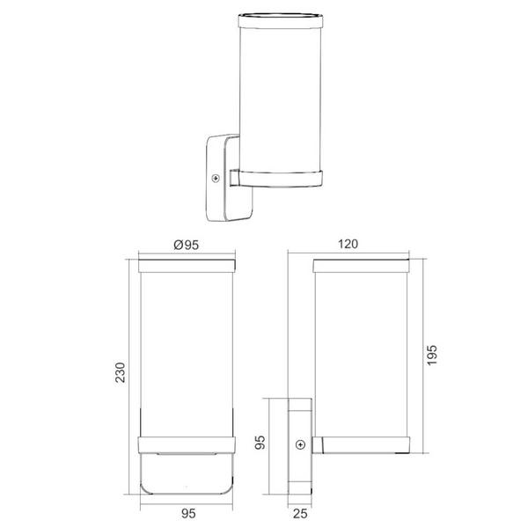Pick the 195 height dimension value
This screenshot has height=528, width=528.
(x=432, y=354)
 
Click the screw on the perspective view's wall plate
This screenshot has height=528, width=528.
(x=216, y=179)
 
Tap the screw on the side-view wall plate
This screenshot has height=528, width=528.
(x=301, y=445)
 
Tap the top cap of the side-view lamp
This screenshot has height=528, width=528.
(x=363, y=263)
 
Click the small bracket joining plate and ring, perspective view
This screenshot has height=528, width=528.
(x=235, y=179)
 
